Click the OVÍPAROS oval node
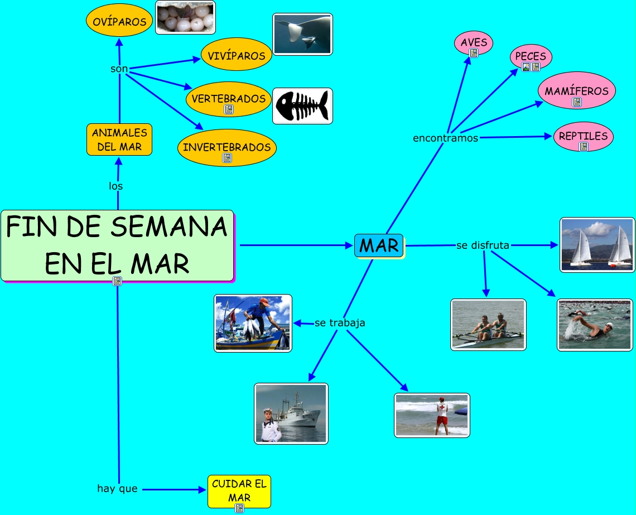pyautogui.click(x=119, y=21)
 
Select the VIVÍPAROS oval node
pyautogui.click(x=237, y=55)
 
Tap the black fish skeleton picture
pyautogui.click(x=302, y=105)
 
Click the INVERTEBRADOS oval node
pyautogui.click(x=227, y=147)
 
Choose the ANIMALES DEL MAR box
pyautogui.click(x=119, y=139)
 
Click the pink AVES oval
pyautogui.click(x=474, y=42)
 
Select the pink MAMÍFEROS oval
pyautogui.click(x=576, y=90)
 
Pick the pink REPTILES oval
pyautogui.click(x=583, y=136)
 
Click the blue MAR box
pyautogui.click(x=379, y=246)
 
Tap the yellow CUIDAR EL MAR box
pyautogui.click(x=239, y=490)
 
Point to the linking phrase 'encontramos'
pyautogui.click(x=445, y=138)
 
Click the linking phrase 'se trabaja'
pyautogui.click(x=340, y=323)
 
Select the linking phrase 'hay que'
pyautogui.click(x=117, y=489)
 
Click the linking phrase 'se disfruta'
pyautogui.click(x=483, y=245)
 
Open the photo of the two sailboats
pyautogui.click(x=598, y=245)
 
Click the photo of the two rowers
pyautogui.click(x=488, y=325)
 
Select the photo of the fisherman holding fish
pyautogui.click(x=253, y=323)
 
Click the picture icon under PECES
pyautogui.click(x=526, y=67)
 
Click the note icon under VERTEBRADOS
pyautogui.click(x=228, y=109)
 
